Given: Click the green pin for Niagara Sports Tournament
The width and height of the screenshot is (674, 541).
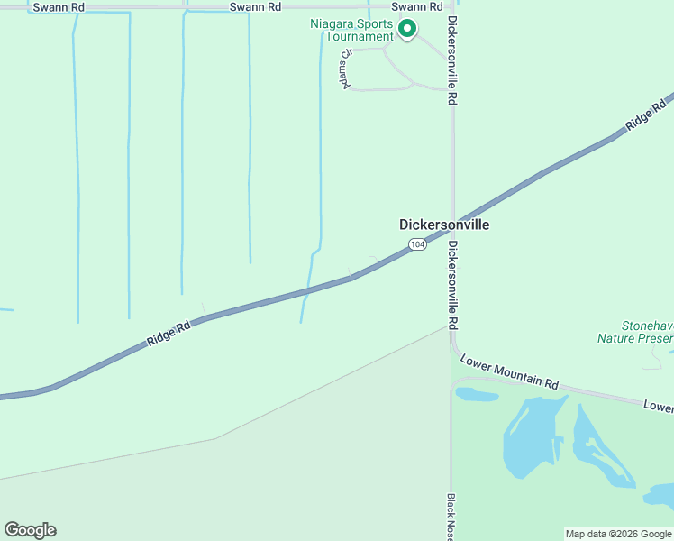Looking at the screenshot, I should coord(406,29).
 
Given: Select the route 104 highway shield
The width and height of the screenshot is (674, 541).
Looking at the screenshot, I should coord(416,244).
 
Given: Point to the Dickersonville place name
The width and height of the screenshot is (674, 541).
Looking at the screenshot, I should coord(444,225).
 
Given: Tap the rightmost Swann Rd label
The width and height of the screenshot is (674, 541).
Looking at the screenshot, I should coord(417,6).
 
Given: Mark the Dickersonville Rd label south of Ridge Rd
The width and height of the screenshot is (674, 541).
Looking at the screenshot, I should coord(453,284).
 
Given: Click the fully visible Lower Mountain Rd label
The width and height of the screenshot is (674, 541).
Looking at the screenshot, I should coord(509,371).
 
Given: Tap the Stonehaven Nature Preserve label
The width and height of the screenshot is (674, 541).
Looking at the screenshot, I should coord(634,332).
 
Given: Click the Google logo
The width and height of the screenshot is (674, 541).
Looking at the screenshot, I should coord(30,530).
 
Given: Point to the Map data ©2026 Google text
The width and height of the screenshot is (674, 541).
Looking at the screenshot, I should coord(618,534).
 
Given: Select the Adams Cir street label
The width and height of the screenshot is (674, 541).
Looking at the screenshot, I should coord(345,66).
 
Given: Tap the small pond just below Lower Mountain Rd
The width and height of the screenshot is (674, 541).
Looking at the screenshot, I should coord(477,394).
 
